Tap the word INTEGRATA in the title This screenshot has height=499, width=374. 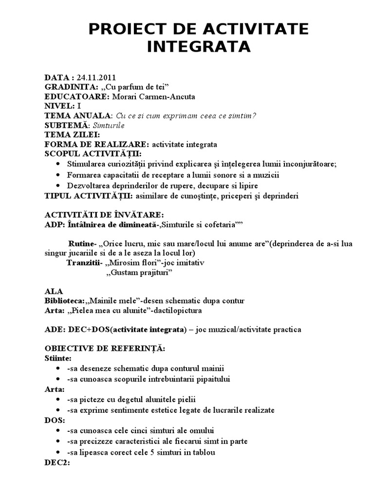point(199,47)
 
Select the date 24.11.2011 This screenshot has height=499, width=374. point(96,77)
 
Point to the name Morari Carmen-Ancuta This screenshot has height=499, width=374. point(153,96)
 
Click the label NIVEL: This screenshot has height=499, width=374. point(59,106)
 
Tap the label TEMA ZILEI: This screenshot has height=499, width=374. point(73,134)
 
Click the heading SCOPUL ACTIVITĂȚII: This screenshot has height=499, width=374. point(85,154)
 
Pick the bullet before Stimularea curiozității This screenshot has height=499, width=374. point(59,164)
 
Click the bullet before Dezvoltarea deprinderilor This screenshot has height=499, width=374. point(59,186)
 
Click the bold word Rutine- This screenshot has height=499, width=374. point(82,244)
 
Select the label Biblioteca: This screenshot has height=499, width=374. point(64,301)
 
